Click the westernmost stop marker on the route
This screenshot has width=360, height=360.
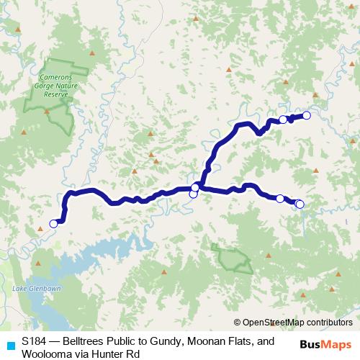click(x=53, y=224)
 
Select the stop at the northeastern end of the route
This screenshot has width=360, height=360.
click(x=306, y=115)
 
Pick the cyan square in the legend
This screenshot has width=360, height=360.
click(x=10, y=345)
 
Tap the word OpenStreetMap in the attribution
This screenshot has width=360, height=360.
click(x=271, y=322)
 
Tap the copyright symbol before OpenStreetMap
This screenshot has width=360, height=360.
click(x=237, y=322)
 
